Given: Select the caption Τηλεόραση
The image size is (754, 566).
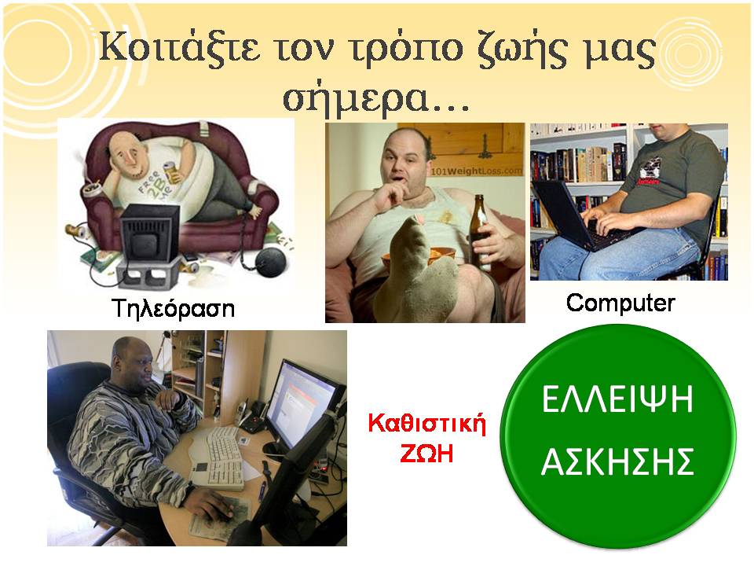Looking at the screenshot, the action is pyautogui.click(x=173, y=308).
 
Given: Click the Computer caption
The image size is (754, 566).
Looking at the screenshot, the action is pyautogui.click(x=620, y=303).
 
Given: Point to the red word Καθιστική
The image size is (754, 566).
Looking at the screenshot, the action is pyautogui.click(x=427, y=424).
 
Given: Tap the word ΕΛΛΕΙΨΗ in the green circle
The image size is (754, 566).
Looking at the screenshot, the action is pyautogui.click(x=617, y=399).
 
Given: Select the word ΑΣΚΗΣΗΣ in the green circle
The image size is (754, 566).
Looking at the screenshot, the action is pyautogui.click(x=617, y=461).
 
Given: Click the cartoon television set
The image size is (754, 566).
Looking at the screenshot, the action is pyautogui.click(x=149, y=233).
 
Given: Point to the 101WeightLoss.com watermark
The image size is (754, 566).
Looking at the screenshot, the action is pyautogui.click(x=476, y=171).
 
